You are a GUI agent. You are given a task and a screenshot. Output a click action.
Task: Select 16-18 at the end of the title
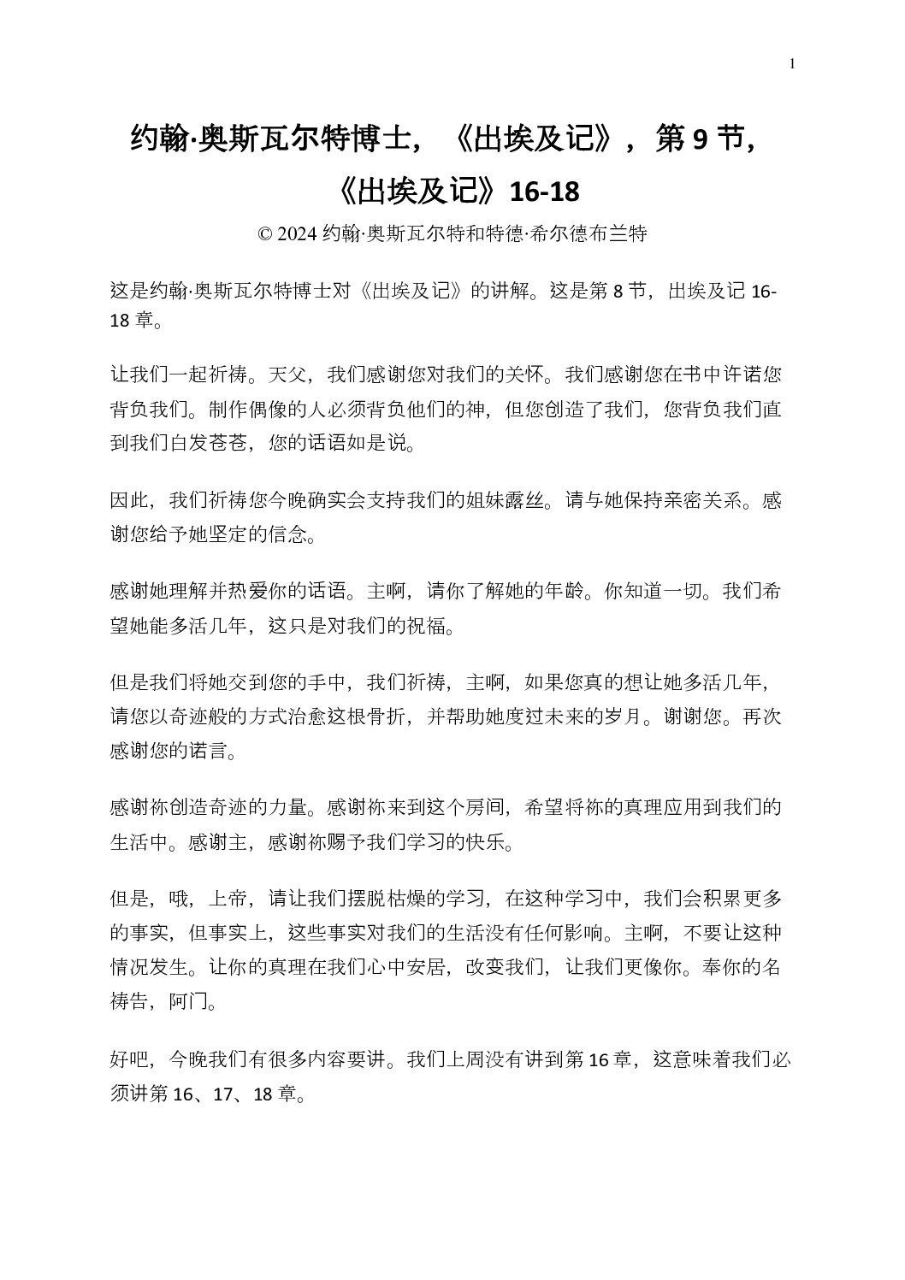544,192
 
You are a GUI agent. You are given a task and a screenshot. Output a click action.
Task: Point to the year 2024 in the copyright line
297,234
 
